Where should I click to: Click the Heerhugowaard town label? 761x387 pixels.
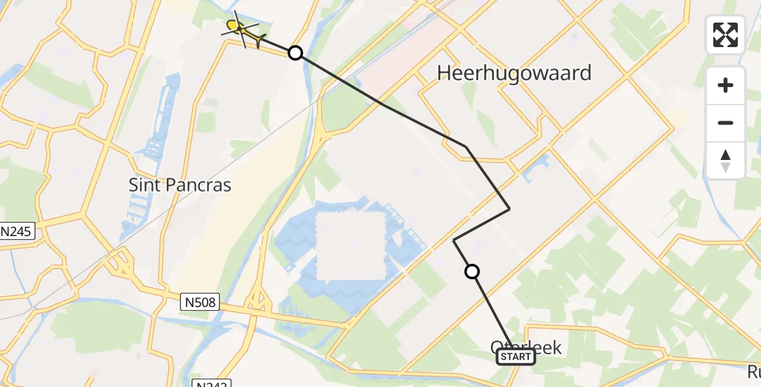(x=514, y=73)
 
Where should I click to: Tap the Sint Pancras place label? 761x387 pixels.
(x=180, y=185)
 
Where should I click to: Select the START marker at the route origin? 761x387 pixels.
(x=516, y=357)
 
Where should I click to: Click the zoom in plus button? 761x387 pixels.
(x=726, y=85)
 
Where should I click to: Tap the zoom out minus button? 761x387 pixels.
(x=726, y=123)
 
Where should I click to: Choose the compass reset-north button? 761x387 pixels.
(x=726, y=160)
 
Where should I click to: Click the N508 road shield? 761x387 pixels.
(x=200, y=301)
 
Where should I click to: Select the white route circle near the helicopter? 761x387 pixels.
(x=295, y=53)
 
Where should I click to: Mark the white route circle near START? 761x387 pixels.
(x=472, y=272)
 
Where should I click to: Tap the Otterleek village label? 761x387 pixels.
(x=527, y=347)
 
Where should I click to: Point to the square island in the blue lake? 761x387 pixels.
(x=351, y=247)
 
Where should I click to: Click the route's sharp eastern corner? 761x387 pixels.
(x=509, y=208)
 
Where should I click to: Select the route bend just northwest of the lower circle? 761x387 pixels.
(x=454, y=240)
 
